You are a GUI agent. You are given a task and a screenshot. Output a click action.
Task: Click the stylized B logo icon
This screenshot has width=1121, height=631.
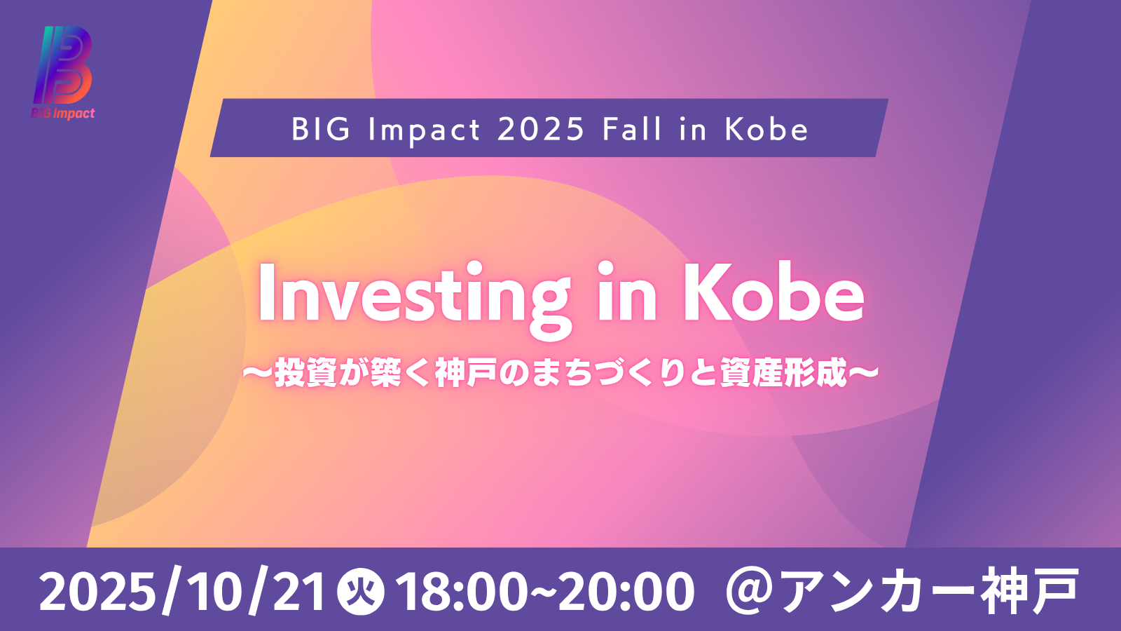point(63,65)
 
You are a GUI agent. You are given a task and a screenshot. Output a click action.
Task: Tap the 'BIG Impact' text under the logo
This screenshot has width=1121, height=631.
point(63,114)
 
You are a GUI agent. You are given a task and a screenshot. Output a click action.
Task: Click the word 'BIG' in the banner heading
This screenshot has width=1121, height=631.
point(321,129)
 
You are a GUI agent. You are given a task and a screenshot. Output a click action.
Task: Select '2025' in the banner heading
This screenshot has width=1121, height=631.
point(541,129)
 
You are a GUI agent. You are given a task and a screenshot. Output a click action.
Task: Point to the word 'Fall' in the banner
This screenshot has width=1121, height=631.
point(633,129)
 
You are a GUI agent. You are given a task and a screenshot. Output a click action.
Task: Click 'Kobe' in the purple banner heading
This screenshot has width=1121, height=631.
point(766,129)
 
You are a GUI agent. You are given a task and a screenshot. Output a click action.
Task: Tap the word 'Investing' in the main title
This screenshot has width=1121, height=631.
point(414,298)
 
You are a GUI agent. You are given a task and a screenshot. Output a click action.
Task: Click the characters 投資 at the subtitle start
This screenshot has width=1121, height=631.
point(305,372)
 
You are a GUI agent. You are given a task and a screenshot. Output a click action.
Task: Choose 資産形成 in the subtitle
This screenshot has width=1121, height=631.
point(783,372)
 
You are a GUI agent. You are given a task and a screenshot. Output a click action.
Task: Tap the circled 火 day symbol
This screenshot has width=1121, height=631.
point(361,592)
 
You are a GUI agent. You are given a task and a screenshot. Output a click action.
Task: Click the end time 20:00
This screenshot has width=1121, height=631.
point(626,593)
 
